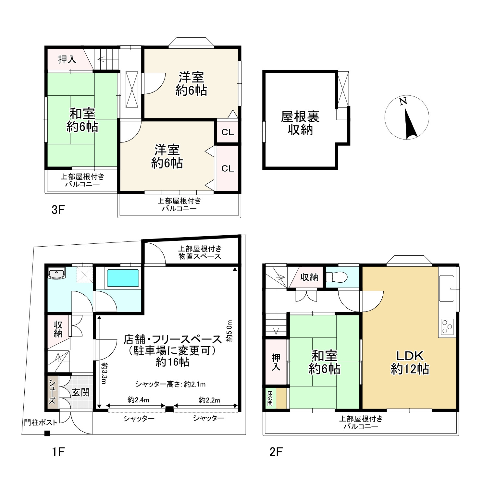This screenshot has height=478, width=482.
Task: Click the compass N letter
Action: click(x=403, y=102)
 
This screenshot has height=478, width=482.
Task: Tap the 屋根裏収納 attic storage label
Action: click(x=300, y=123)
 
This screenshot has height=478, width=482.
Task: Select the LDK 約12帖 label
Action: click(x=410, y=362)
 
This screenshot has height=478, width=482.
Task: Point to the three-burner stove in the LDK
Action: click(x=447, y=327)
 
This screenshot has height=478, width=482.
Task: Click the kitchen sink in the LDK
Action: click(x=447, y=288)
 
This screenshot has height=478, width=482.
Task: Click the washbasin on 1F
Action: click(x=57, y=273)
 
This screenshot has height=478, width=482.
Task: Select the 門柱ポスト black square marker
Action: click(x=47, y=433)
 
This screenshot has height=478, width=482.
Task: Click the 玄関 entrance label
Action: click(x=80, y=392)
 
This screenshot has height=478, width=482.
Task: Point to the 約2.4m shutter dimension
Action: click(x=138, y=400)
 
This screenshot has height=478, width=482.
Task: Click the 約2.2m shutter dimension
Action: click(x=209, y=400)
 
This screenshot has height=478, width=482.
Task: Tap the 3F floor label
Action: click(x=58, y=210)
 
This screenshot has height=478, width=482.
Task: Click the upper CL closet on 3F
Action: click(x=228, y=132)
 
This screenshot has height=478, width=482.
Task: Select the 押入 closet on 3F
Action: click(x=67, y=59)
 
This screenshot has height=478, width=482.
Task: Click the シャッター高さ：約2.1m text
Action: click(x=170, y=385)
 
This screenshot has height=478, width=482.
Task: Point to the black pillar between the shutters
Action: click(x=169, y=409)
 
